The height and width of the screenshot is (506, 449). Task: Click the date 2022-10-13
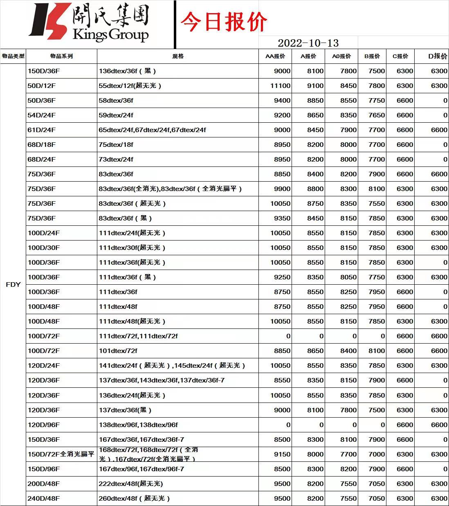coord(308,43)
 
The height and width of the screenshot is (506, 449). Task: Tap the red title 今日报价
coord(224,22)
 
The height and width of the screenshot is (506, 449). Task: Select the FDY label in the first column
coord(13,284)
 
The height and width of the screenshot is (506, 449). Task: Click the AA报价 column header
coord(275,56)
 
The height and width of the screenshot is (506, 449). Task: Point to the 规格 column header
coord(178,56)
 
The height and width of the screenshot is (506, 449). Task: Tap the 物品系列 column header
coord(61,56)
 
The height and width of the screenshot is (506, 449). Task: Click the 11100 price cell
coord(280,86)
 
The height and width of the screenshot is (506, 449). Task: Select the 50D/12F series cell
coord(42,86)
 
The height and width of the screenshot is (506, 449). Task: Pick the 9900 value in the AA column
coord(282,189)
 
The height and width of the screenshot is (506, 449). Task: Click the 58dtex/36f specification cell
coord(116,101)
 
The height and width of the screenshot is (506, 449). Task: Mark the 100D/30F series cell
coord(44,248)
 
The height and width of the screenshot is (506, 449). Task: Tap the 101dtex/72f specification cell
coord(118,351)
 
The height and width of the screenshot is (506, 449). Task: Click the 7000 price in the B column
coord(376,454)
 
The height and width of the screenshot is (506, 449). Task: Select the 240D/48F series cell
coord(44,499)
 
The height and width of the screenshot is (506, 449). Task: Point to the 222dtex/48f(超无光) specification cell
coord(131,484)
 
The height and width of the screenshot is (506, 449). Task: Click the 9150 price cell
coord(282,454)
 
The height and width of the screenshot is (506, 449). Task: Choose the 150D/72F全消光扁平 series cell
coord(61,454)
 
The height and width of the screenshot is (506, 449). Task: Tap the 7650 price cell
coord(376,115)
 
